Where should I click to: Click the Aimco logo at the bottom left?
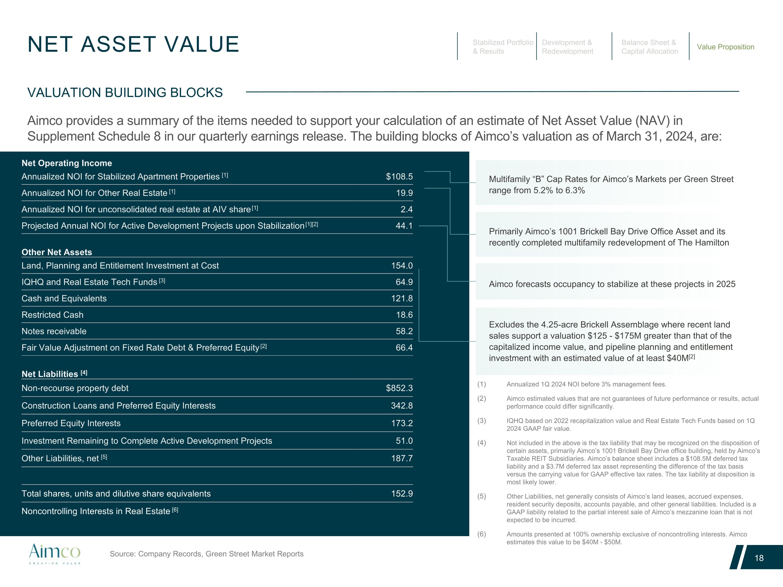point(55,554)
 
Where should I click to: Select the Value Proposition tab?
point(725,47)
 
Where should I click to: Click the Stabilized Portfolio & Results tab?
point(503,47)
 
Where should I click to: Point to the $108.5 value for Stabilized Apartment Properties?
point(399,177)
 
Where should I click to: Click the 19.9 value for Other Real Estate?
point(404,193)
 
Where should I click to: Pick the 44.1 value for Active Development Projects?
point(404,226)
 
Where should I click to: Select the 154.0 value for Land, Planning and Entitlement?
point(402,266)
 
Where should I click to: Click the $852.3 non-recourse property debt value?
point(399,388)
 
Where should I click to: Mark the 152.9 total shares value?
point(402,494)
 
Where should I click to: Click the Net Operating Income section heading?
point(67,163)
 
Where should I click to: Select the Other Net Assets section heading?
point(57,252)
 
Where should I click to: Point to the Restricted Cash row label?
point(52,315)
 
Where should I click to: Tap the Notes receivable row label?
point(54,331)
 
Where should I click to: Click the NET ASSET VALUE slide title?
point(133,44)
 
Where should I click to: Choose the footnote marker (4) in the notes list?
point(481,443)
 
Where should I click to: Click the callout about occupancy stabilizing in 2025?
point(612,284)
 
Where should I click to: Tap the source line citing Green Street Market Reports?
point(206,554)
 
